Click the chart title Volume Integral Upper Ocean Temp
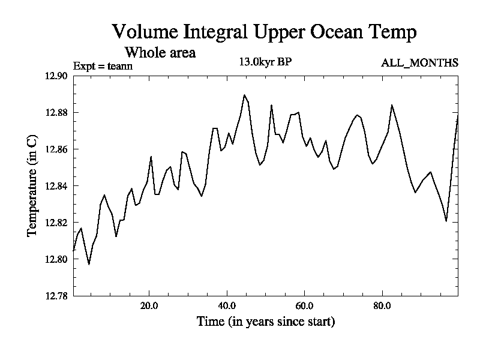coord(264,32)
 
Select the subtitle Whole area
coord(159,53)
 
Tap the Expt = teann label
coord(103,65)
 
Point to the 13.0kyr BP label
coord(266,62)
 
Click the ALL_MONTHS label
coord(419,63)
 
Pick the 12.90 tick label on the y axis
coord(56,76)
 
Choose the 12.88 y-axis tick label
coord(56,112)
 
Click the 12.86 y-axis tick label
coord(56,149)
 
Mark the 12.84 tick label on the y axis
coord(56,186)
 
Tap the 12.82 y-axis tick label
coord(56,223)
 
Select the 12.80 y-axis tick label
coord(56,259)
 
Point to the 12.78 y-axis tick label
coord(56,296)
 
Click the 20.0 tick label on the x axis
coord(149,305)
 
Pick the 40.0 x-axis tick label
coord(227,305)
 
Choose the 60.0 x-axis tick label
coord(304,305)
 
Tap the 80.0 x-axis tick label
coord(382,305)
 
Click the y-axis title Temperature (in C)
coord(33,185)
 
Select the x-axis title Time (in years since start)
coord(265,322)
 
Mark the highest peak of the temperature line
coord(244,95)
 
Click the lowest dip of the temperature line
coord(89,264)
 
